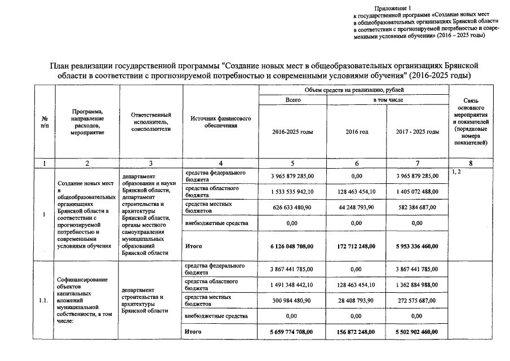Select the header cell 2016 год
(357, 131)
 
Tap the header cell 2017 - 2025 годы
(418, 131)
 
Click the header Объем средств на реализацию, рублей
(353, 90)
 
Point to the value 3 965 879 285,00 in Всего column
(292, 176)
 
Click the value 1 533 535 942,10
(292, 192)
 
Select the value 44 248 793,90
(357, 207)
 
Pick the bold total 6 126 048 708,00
(292, 246)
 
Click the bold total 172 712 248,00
(357, 246)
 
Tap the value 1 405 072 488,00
(418, 192)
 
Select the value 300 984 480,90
(292, 301)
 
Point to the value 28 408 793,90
(357, 301)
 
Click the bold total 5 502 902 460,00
(418, 332)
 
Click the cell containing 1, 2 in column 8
(456, 171)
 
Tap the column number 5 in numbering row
(292, 163)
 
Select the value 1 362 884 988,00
(418, 285)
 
